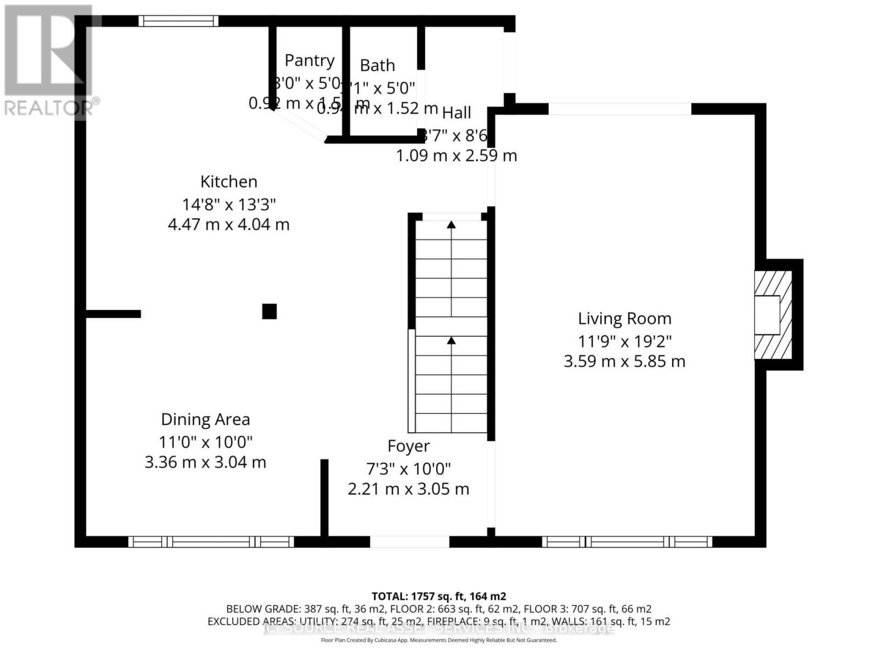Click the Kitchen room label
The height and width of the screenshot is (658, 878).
coord(228,181)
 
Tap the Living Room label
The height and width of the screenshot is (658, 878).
coord(624,319)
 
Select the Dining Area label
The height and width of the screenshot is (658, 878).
coord(205,419)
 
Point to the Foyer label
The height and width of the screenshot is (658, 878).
coord(408,446)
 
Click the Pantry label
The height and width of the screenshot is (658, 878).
coord(309,60)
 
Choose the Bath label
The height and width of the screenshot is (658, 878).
coord(377,65)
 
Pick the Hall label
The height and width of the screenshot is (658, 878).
coord(457,113)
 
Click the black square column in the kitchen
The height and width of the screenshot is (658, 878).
coord(269,311)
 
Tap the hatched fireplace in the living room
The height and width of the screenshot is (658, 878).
coord(773,315)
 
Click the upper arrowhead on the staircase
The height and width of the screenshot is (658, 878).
coord(451,224)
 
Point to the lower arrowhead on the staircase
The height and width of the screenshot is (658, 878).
coord(451,341)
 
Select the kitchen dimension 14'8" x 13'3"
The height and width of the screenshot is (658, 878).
coord(228,205)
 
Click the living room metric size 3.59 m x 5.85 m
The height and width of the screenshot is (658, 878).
coord(624,361)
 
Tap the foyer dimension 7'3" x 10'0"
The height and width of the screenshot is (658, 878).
coord(408,469)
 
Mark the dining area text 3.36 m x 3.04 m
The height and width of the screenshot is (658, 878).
coord(205,462)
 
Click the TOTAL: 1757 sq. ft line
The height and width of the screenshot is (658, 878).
coord(438,596)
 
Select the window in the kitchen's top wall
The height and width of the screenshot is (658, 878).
coord(178,21)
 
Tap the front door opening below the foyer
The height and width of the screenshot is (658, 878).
coord(409,542)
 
